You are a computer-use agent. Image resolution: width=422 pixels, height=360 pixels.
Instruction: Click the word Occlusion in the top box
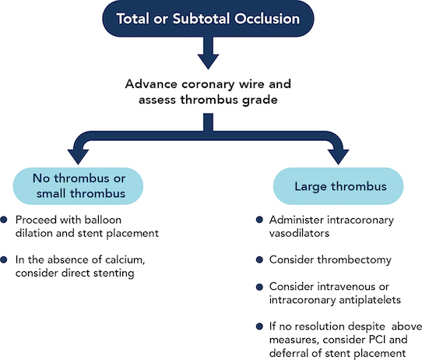267,19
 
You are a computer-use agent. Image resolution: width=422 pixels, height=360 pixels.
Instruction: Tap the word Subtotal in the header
201,19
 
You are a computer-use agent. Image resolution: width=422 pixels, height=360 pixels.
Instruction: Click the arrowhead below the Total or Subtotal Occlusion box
208,62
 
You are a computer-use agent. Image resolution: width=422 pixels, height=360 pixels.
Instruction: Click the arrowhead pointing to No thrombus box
78,157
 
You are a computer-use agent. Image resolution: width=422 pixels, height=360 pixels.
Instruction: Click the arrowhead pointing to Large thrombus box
338,157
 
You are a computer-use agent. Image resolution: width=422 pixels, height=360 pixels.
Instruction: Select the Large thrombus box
338,186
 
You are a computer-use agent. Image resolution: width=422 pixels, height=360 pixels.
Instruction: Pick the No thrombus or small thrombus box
78,186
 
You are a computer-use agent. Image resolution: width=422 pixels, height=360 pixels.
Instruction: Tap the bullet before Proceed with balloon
4,220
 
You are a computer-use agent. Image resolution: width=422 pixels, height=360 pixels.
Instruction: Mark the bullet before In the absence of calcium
4,259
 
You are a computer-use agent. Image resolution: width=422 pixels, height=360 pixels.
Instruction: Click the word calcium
125,259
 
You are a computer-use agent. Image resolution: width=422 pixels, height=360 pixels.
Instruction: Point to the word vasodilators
299,233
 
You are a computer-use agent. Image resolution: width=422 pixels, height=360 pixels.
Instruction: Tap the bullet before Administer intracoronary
259,220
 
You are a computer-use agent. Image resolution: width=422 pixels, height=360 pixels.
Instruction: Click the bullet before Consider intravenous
259,287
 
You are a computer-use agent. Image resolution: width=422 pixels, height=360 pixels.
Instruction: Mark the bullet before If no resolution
259,326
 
